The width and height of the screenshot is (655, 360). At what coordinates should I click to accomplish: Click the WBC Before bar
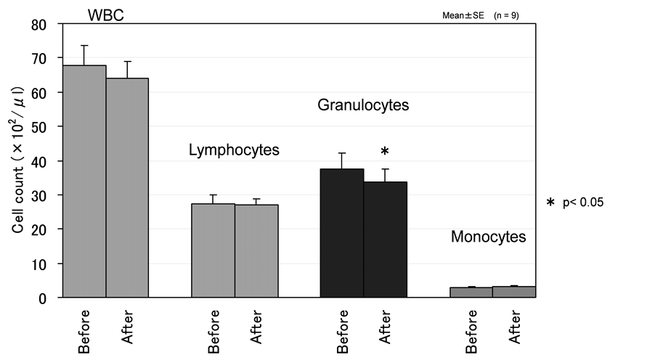(85, 181)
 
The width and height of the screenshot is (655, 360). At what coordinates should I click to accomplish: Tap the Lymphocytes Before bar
(213, 250)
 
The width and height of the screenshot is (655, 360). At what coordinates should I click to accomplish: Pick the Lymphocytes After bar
(256, 251)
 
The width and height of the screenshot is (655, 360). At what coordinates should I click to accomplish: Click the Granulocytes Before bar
(342, 233)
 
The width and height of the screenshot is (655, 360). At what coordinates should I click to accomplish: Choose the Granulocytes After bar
(386, 240)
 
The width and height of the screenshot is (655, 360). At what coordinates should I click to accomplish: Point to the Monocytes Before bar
(471, 292)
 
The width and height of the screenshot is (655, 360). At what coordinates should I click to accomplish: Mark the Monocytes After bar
(514, 292)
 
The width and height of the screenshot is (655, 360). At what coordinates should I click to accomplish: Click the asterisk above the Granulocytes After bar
(385, 151)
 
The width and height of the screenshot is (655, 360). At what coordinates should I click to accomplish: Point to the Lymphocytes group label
(234, 150)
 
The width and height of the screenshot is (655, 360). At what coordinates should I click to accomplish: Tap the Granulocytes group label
(363, 105)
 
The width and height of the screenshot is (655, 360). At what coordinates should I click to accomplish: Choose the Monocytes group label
(488, 237)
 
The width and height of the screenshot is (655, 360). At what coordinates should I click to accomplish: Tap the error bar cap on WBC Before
(85, 46)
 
